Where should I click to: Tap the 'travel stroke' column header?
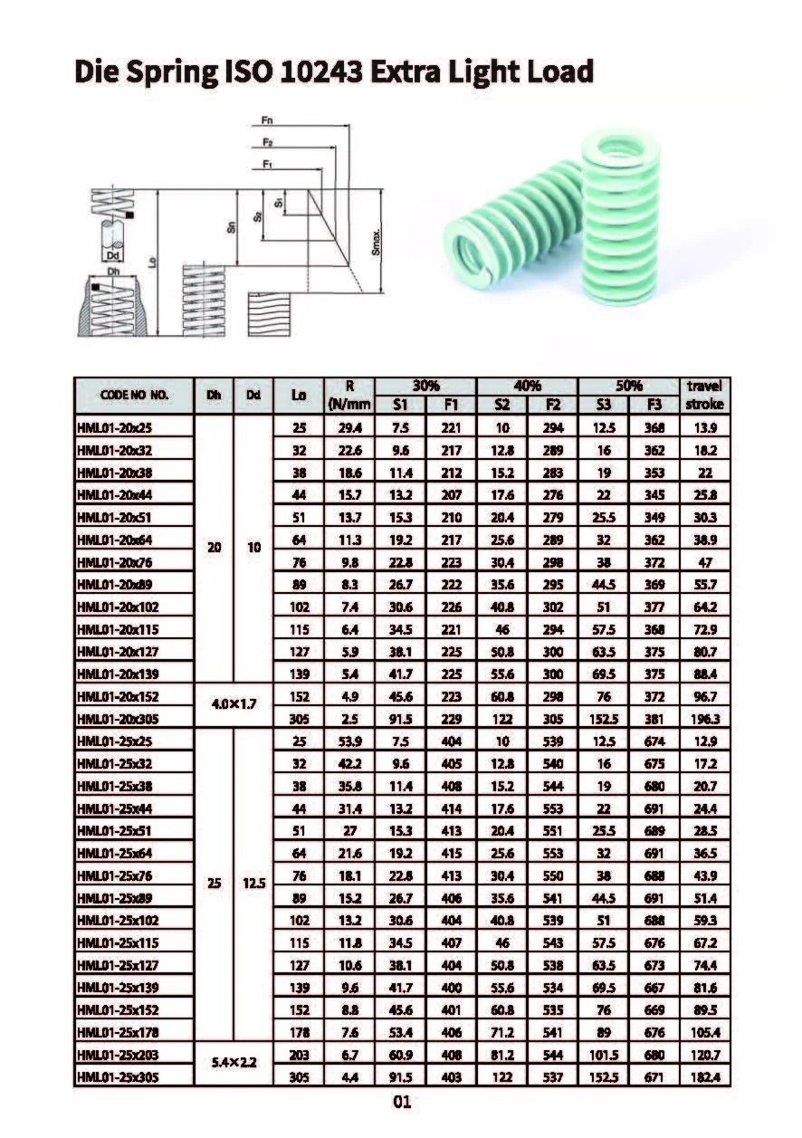pyautogui.click(x=704, y=395)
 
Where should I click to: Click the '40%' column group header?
pyautogui.click(x=527, y=385)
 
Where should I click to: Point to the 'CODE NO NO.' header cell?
pyautogui.click(x=135, y=395)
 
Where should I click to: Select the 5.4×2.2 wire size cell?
pyautogui.click(x=233, y=1066)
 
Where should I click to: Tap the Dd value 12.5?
pyautogui.click(x=253, y=885)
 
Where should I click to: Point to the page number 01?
pyautogui.click(x=402, y=1103)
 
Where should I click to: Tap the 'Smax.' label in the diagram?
pyautogui.click(x=377, y=242)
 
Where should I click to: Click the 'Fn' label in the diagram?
pyautogui.click(x=267, y=120)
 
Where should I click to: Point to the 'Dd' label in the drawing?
pyautogui.click(x=112, y=256)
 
